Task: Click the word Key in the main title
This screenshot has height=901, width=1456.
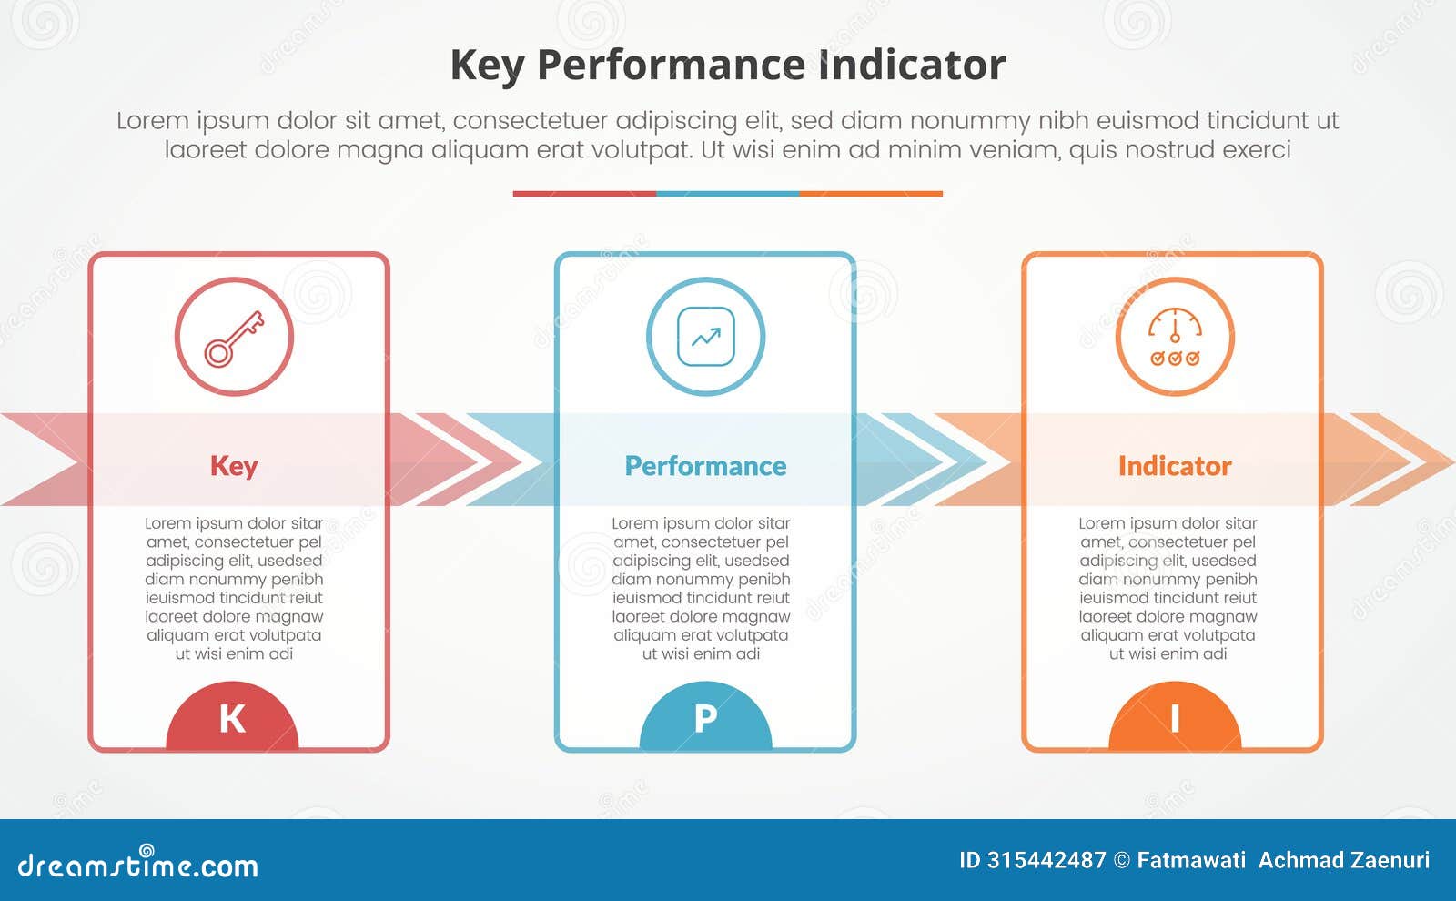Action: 487,66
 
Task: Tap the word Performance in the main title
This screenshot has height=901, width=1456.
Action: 670,66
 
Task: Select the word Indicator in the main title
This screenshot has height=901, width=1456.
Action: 912,66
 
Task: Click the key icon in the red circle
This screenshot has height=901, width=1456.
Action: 234,338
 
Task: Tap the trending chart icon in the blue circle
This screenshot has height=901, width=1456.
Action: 705,338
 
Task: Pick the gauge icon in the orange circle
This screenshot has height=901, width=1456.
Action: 1174,338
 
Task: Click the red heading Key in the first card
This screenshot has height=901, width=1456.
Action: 234,466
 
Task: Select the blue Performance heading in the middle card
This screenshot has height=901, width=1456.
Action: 705,466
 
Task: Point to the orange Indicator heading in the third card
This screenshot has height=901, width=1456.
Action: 1174,466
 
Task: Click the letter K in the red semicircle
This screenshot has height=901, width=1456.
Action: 232,719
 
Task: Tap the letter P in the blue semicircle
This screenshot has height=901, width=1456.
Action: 705,719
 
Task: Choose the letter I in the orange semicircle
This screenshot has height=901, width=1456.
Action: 1175,719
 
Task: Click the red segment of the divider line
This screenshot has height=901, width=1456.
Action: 584,194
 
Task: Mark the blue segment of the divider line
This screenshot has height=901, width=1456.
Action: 728,194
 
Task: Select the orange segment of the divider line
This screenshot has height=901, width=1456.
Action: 871,194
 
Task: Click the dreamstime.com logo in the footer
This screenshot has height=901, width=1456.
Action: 137,865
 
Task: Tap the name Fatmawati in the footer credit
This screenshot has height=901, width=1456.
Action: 1191,860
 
